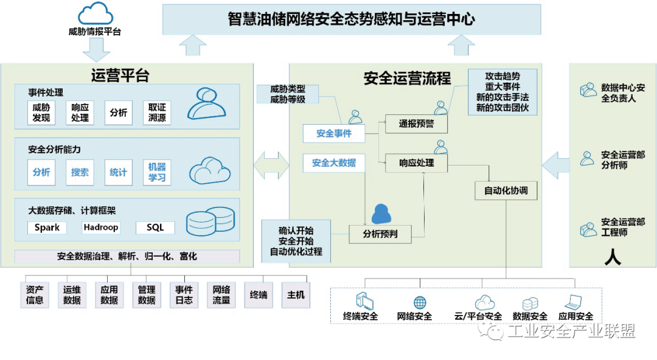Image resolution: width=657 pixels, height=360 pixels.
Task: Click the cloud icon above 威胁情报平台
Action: click(96, 13)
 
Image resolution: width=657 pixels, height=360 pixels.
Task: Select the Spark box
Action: click(47, 228)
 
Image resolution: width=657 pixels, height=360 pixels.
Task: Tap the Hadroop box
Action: click(101, 228)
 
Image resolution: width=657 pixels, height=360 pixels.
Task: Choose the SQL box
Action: click(155, 228)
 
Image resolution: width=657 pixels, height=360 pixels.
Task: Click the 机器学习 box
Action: click(157, 172)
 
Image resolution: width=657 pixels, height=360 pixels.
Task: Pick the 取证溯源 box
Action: click(157, 112)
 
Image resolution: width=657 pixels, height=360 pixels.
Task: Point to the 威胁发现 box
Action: click(41, 112)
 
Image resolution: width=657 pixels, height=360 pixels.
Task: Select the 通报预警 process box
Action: click(416, 124)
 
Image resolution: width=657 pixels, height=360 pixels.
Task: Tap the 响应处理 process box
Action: click(416, 163)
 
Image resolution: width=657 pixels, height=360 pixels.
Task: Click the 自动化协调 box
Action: click(506, 190)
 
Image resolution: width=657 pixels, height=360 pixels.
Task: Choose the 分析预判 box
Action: click(380, 234)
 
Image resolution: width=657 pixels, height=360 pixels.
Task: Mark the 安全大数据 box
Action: click(334, 163)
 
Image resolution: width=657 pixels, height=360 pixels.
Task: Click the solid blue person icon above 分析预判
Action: click(381, 213)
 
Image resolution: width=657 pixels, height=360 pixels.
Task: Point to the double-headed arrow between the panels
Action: click(271, 164)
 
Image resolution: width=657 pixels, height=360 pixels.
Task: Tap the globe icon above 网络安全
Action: click(420, 302)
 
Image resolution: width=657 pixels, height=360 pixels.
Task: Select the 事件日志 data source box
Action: click(184, 295)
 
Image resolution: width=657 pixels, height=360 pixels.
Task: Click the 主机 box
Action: click(296, 295)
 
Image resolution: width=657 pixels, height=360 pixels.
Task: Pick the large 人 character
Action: click(613, 257)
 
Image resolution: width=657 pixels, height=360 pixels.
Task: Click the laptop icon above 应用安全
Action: click(574, 302)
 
